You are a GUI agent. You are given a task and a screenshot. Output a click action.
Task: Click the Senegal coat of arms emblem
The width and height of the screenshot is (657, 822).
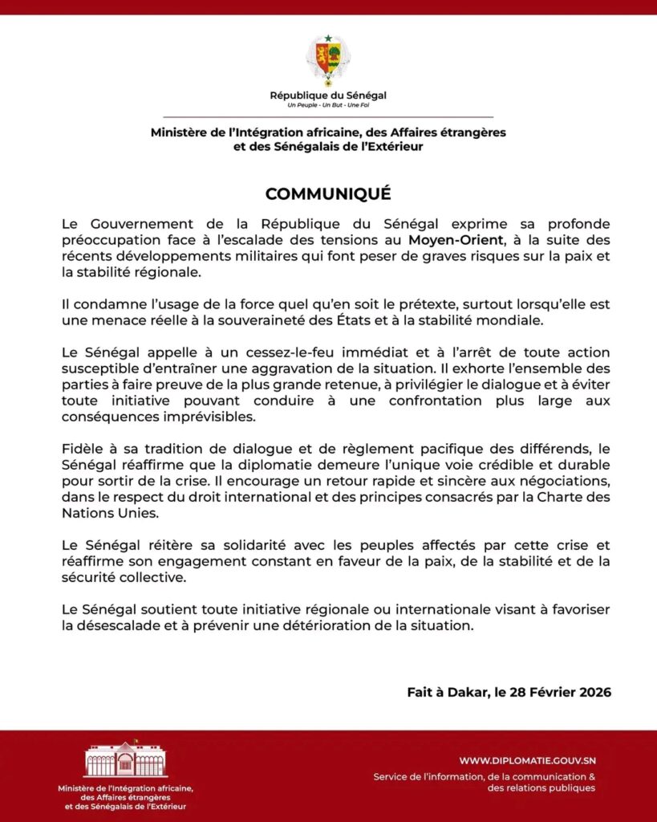pyautogui.click(x=328, y=60)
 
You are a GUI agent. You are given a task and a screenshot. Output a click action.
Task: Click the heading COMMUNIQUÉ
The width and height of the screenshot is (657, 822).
pyautogui.click(x=328, y=194)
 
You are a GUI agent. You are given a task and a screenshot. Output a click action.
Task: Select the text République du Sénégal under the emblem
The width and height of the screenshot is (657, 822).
pyautogui.click(x=328, y=96)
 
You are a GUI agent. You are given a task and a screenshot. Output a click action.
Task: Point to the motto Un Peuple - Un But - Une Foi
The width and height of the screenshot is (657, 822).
pyautogui.click(x=328, y=105)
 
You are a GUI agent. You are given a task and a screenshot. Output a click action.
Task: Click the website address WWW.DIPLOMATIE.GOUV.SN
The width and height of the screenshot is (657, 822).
pyautogui.click(x=527, y=760)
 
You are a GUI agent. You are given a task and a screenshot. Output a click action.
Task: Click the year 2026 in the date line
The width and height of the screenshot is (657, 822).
pyautogui.click(x=594, y=692)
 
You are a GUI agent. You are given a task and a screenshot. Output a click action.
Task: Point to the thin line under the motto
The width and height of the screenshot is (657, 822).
pyautogui.click(x=328, y=117)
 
